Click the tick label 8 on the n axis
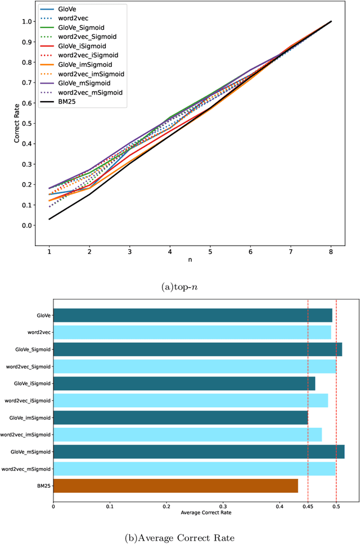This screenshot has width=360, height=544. click(331, 253)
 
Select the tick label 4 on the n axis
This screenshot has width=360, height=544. click(170, 253)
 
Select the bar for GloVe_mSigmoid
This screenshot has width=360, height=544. click(199, 451)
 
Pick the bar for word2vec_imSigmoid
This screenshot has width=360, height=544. click(187, 434)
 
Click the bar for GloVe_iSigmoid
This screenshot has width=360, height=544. click(184, 383)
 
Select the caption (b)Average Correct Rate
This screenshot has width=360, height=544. click(179, 537)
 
